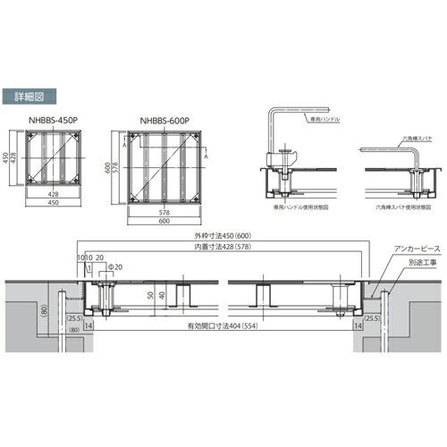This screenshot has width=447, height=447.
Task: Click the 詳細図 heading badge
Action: pos(36,95)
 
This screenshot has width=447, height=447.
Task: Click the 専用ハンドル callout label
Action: pos(319,117)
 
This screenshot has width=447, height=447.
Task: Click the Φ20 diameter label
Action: pos(114,267)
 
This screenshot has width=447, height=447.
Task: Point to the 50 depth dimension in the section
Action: pos(148,293)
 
